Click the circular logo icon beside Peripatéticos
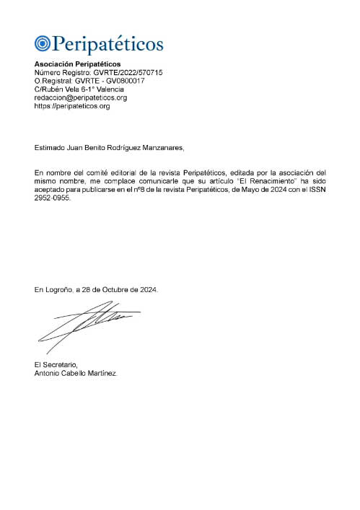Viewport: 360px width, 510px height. [43, 44]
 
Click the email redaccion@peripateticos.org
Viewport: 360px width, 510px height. [81, 97]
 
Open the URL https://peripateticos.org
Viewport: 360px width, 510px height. [72, 105]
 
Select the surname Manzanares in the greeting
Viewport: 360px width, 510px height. [163, 148]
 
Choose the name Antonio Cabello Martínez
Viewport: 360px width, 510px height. [75, 374]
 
